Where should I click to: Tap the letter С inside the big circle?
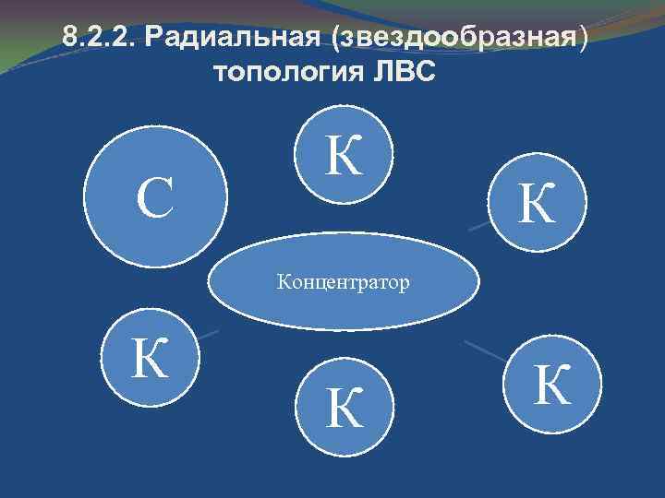pyautogui.click(x=155, y=199)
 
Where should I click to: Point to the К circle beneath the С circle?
pyautogui.click(x=148, y=360)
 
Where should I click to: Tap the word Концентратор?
pyautogui.click(x=344, y=282)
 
